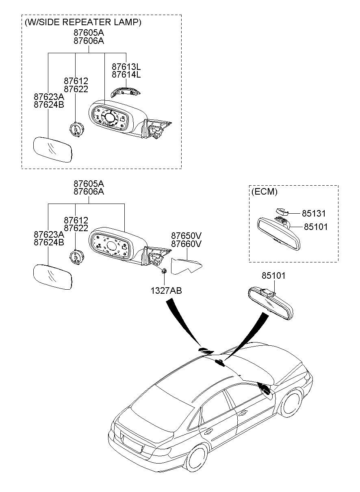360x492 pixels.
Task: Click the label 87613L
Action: click(126, 66)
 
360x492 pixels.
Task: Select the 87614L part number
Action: click(126, 74)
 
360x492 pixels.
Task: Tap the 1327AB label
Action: click(166, 290)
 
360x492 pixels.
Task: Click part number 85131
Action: click(313, 213)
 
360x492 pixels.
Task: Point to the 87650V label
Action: click(186, 236)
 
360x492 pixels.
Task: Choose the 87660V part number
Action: click(186, 244)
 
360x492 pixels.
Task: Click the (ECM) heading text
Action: click(265, 192)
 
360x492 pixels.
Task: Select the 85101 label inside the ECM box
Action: click(316, 227)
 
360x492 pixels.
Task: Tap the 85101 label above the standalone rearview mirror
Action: click(273, 275)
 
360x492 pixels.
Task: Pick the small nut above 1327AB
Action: click(164, 271)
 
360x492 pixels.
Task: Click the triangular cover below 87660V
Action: click(186, 266)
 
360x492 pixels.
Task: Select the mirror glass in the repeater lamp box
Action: click(53, 150)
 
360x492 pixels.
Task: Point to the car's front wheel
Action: click(292, 404)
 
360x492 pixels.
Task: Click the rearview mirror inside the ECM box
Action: click(278, 234)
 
